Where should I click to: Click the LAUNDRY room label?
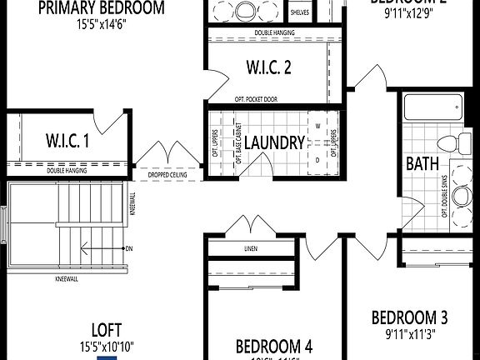pos(274,142)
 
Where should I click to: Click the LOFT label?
pos(107,329)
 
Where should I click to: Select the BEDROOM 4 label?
pos(274,346)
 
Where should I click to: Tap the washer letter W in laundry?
pos(317,127)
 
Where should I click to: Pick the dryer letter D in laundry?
pos(317,158)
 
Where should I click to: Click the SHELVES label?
pos(300,13)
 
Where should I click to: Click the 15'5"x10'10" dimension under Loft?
pos(107,345)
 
